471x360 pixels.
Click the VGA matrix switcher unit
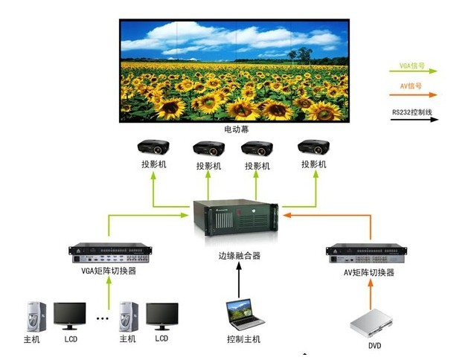[109, 253]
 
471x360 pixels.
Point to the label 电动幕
[236, 129]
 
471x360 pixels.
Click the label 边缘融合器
[236, 256]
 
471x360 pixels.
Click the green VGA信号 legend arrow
[414, 72]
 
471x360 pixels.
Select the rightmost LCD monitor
[161, 316]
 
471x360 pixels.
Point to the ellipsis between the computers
[102, 318]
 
